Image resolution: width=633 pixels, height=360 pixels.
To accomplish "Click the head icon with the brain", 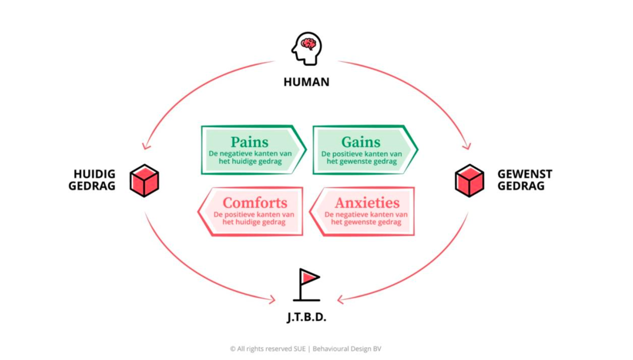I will [x=306, y=48].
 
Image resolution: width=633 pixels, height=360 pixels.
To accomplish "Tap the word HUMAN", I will [x=306, y=82].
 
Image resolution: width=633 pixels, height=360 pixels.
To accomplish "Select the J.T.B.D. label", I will [x=306, y=317].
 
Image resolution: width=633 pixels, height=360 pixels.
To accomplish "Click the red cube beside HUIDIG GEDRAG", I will [x=144, y=181].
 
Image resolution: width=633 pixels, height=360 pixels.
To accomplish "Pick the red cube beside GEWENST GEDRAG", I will [x=469, y=181].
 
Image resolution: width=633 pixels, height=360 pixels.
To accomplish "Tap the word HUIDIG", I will [x=94, y=174].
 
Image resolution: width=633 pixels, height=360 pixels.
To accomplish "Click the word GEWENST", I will [x=525, y=174].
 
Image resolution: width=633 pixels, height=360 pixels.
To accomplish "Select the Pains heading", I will [x=249, y=142].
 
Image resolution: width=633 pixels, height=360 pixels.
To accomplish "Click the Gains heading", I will [x=361, y=142].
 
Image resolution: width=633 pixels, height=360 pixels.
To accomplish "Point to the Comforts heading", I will [x=255, y=203].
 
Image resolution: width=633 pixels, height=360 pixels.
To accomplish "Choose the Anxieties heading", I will [x=367, y=203].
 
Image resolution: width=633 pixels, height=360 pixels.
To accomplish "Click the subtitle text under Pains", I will [x=250, y=157].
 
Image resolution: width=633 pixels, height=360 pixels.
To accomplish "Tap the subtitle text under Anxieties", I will [x=366, y=218].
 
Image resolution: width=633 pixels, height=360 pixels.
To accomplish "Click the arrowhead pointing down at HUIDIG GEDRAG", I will [x=146, y=146].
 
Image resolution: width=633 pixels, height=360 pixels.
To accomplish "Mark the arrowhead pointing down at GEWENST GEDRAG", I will [x=467, y=146].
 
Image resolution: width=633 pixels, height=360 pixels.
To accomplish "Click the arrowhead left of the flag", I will [x=272, y=300].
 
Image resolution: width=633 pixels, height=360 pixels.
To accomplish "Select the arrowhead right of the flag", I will [x=340, y=300].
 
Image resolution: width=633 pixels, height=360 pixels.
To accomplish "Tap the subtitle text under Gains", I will [x=361, y=157].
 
